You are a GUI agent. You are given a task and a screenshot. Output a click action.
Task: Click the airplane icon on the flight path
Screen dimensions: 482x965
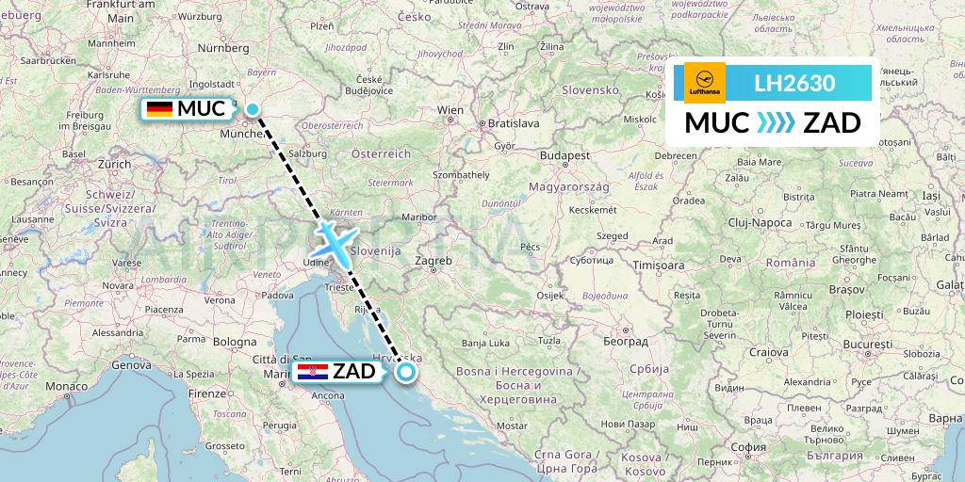click(335, 242)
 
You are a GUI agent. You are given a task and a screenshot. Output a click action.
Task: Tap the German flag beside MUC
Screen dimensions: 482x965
click(159, 109)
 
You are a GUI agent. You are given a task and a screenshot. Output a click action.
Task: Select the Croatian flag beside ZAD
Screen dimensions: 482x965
click(313, 373)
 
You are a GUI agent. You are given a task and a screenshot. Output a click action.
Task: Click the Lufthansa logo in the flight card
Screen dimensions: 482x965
click(705, 83)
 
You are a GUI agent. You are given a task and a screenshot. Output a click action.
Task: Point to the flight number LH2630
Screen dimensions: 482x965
click(794, 84)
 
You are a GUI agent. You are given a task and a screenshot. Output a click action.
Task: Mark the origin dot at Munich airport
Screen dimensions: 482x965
click(253, 109)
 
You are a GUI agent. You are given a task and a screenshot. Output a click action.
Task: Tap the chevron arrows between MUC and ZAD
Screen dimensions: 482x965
click(776, 123)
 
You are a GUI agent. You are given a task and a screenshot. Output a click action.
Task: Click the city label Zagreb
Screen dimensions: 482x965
click(433, 261)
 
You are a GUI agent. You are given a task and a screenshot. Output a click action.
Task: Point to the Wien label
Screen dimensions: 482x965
click(450, 110)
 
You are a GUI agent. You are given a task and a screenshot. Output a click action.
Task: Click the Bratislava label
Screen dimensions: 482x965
click(513, 123)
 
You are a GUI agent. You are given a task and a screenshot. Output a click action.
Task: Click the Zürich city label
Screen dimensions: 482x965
click(113, 163)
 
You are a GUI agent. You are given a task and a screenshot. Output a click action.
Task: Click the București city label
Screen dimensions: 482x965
click(867, 345)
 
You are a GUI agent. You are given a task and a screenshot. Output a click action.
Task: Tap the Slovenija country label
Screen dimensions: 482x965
click(376, 251)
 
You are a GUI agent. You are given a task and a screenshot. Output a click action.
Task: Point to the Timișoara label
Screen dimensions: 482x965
click(659, 265)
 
